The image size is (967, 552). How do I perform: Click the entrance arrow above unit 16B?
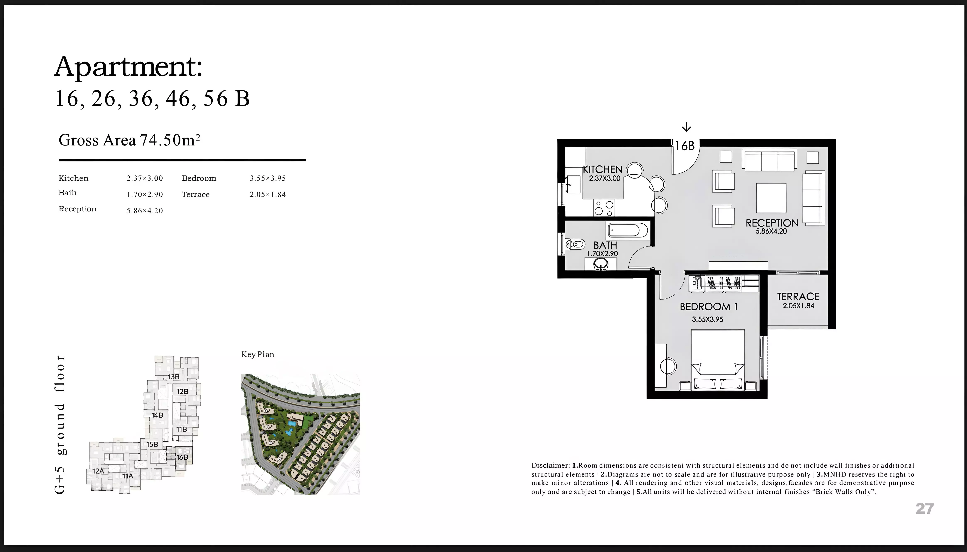coord(686,127)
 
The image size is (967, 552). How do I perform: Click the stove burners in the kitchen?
coord(604,208)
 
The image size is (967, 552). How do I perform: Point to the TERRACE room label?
coord(798,297)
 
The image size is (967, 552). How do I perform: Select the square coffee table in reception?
coord(771,198)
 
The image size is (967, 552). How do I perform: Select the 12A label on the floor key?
coord(98,471)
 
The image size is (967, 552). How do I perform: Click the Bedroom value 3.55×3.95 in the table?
coord(268,178)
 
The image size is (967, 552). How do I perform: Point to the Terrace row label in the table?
coord(196,195)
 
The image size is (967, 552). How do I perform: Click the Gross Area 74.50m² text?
coord(129,140)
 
